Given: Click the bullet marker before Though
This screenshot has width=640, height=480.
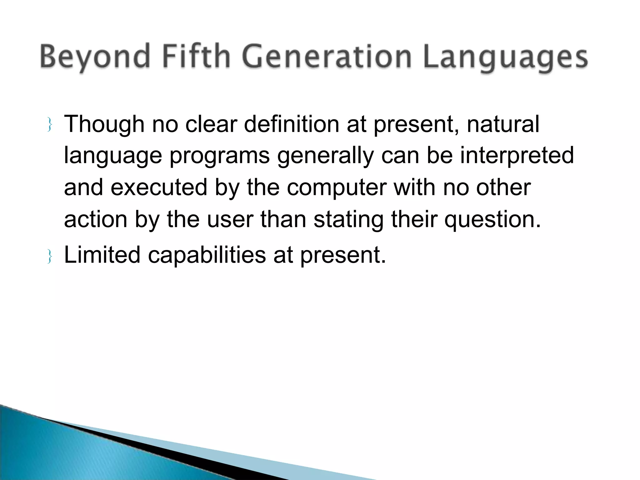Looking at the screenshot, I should pyautogui.click(x=49, y=125).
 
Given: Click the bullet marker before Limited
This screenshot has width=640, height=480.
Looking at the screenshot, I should pyautogui.click(x=49, y=256).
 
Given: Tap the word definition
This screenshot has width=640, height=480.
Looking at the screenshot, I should pyautogui.click(x=291, y=124).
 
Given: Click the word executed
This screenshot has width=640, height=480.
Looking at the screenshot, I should pyautogui.click(x=159, y=187).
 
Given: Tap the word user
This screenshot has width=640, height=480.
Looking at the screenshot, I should pyautogui.click(x=230, y=220).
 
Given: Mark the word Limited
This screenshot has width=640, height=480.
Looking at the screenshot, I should pyautogui.click(x=102, y=255).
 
